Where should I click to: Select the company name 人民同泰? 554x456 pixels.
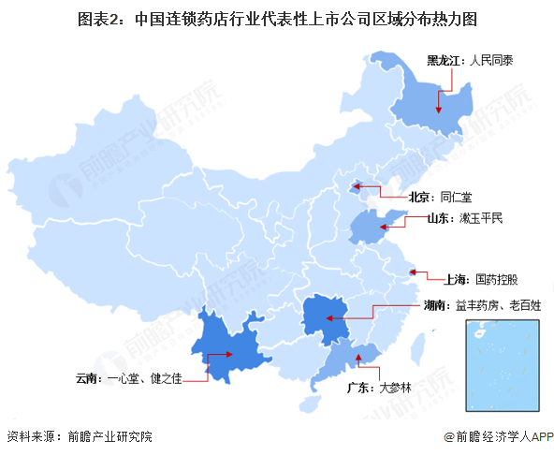pos(493,62)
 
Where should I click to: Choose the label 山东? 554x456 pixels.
pos(440,219)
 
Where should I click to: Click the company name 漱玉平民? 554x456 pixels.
pos(481,219)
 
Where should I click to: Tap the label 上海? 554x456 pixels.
pos(456,279)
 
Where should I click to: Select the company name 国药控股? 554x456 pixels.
pos(496,279)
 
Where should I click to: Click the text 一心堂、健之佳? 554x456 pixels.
pos(141,378)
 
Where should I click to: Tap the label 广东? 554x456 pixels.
pos(359,386)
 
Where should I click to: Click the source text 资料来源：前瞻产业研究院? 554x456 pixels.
pos(79,436)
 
